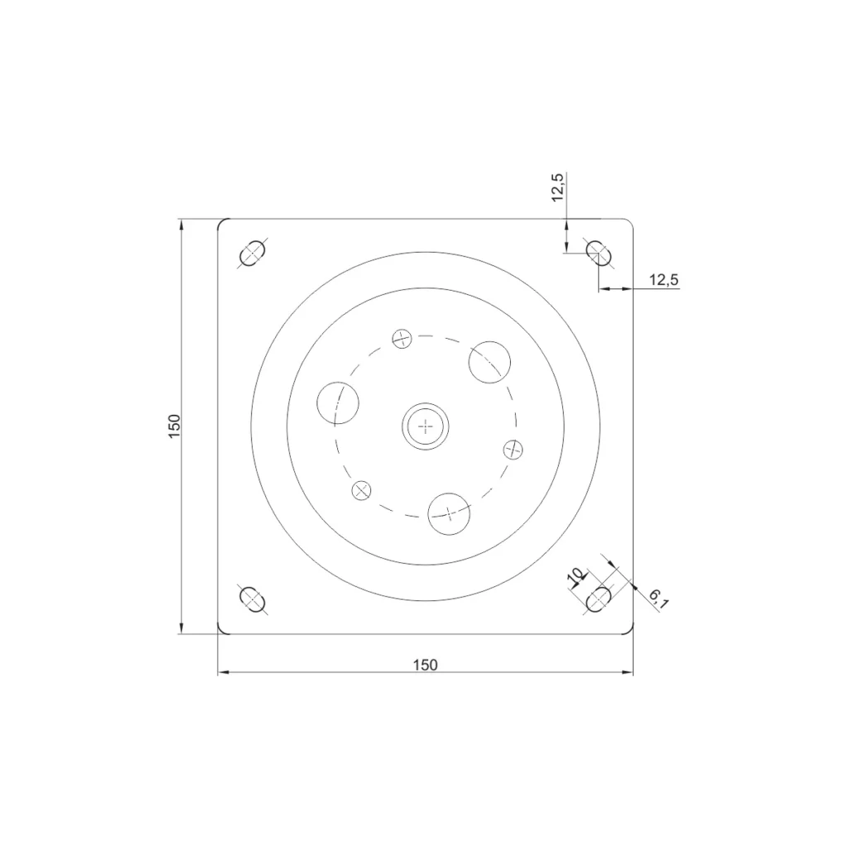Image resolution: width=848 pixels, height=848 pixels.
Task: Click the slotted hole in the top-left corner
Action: (x=252, y=253)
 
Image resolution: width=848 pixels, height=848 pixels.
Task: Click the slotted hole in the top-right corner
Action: (x=599, y=253)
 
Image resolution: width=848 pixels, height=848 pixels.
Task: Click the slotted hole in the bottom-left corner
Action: (x=252, y=599)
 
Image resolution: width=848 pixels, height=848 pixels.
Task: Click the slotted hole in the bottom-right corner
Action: (x=599, y=599)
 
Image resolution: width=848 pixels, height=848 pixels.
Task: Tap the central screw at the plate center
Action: (x=426, y=426)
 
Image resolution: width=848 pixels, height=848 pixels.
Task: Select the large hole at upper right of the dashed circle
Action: (x=489, y=361)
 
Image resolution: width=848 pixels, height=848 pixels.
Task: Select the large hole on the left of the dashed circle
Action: (x=338, y=402)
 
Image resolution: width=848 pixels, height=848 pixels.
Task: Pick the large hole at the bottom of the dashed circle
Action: (x=449, y=513)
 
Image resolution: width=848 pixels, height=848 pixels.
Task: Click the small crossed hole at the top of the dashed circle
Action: (x=402, y=338)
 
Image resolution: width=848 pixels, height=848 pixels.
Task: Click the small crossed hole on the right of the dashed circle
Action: (x=513, y=449)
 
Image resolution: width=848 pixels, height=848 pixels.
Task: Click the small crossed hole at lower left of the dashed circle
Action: (x=361, y=490)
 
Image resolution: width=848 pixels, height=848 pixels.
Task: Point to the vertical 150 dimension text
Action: (x=174, y=426)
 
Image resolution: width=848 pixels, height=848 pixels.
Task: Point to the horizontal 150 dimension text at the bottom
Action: (x=425, y=664)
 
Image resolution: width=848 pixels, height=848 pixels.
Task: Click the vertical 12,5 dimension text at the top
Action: (x=557, y=188)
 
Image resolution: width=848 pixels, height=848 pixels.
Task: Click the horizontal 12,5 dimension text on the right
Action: (x=663, y=280)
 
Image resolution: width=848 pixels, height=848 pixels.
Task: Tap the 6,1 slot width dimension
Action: (x=658, y=598)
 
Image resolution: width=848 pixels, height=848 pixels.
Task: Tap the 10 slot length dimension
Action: (x=575, y=576)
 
